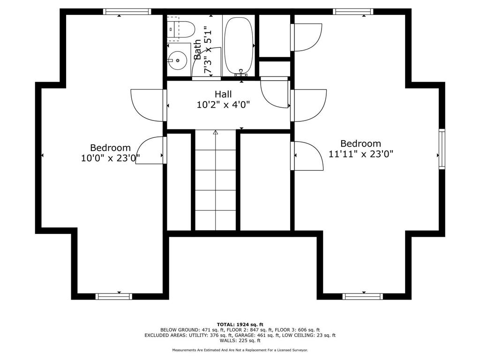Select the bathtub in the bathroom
pyautogui.click(x=239, y=45)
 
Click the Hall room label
pyautogui.click(x=224, y=94)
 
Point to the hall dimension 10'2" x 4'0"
pyautogui.click(x=223, y=105)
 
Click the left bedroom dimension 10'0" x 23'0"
pyautogui.click(x=111, y=158)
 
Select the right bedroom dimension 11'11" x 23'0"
pyautogui.click(x=360, y=154)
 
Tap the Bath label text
pyautogui.click(x=198, y=49)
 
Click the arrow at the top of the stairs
pyautogui.click(x=216, y=133)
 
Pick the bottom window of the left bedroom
pyautogui.click(x=113, y=296)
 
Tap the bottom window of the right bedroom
pyautogui.click(x=362, y=296)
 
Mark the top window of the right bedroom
pyautogui.click(x=353, y=12)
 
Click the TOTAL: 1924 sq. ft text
pyautogui.click(x=240, y=324)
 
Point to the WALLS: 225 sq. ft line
pyautogui.click(x=240, y=341)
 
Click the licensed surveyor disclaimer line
pyautogui.click(x=240, y=350)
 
